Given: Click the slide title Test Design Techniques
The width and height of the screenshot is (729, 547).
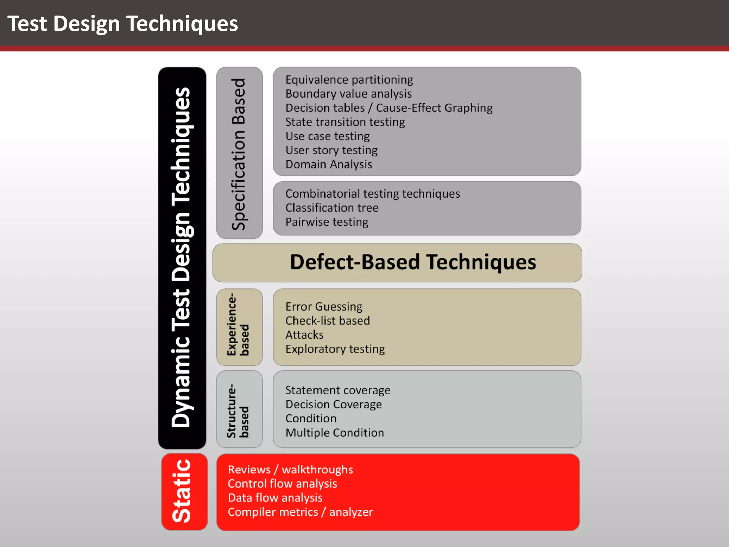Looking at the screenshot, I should coord(122,24).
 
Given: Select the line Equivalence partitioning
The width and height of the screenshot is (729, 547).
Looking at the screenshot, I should coord(349,80).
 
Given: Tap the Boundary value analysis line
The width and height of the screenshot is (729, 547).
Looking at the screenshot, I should coord(348,94).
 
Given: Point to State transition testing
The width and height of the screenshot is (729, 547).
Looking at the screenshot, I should coord(345,122).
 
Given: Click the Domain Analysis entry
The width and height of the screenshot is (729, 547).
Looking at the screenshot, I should coord(328,165).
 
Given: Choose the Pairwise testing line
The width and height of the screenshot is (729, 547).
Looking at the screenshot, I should coord(326,222).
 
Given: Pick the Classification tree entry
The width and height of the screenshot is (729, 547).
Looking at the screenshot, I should coord(332,208).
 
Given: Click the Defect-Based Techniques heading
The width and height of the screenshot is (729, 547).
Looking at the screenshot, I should coord(413,262).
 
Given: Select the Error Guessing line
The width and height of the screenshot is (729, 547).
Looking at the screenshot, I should coord(324,307).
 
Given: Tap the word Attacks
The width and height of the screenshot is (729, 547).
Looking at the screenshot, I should coord(304,335).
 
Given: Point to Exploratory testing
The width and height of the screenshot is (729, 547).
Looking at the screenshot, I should coord(335,349).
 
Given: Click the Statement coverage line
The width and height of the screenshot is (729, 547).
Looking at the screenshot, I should coord(337,390).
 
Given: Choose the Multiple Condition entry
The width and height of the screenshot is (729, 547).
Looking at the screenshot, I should coord(334,433).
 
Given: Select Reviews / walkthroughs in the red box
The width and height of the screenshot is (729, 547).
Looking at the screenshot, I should coord(290,470).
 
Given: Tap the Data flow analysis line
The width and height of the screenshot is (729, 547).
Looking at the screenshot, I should coord(275,498).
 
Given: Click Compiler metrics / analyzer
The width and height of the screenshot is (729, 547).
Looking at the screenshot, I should coord(300,512).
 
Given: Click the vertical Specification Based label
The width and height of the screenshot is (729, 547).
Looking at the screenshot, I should coord(239,154).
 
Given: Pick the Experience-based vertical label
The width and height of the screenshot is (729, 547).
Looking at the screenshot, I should coord(238,325).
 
